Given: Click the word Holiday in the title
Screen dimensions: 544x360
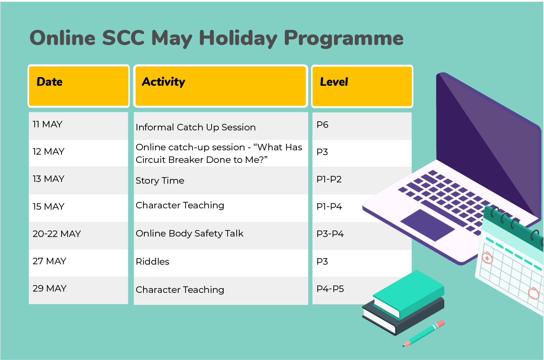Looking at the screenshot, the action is pos(238,39).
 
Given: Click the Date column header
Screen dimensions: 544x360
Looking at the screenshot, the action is pos(78,86).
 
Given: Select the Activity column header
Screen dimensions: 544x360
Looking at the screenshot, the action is pos(221,86).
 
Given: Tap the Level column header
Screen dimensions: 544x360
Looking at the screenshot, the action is pos(362,86).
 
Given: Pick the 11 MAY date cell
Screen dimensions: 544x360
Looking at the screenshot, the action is pos(78,126).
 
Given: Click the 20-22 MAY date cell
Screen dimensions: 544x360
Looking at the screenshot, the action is pos(78,236).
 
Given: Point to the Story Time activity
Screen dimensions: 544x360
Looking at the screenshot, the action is pos(160,181).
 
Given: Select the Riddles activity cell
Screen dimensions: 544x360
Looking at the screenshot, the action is pos(221,263).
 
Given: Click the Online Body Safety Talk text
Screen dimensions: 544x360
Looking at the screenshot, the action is pos(189,234).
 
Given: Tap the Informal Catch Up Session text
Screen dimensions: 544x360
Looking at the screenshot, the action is pos(195,127).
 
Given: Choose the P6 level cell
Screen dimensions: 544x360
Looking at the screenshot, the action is pos(362,126).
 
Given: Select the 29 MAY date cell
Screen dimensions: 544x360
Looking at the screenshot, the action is pos(78,290).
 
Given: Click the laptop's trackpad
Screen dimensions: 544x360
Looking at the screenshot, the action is pos(427,225).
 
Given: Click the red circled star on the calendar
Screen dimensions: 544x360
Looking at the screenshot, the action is pos(487,258).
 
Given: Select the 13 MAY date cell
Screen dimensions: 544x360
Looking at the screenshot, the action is pos(78,180).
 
